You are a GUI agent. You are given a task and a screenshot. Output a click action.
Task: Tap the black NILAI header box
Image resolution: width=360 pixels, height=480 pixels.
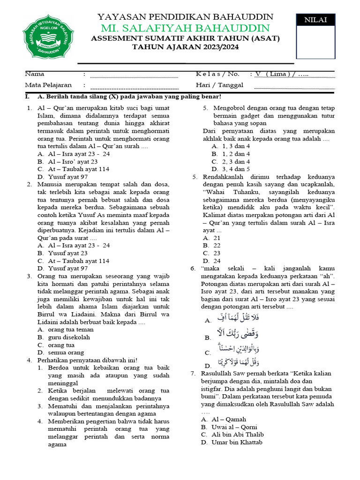coord(315,20)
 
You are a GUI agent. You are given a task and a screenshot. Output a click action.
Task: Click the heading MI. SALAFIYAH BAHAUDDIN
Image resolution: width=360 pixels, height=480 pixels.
coord(185,28)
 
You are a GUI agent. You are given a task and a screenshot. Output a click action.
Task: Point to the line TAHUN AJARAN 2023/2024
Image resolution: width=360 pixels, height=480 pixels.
coord(185,47)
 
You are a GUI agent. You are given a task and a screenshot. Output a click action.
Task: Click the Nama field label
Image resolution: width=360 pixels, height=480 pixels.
coord(34,74)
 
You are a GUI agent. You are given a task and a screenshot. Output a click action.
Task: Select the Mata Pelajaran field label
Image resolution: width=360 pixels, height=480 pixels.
coord(48,85)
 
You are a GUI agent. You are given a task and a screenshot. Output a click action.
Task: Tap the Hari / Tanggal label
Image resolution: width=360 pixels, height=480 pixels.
coord(219,85)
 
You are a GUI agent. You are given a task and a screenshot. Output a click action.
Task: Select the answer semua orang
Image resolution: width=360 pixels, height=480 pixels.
coord(66,352)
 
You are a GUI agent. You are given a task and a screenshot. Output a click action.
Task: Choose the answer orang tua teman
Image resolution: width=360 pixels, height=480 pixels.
coord(68,330)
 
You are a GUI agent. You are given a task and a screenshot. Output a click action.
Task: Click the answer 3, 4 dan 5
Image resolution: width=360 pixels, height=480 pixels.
coord(231,169)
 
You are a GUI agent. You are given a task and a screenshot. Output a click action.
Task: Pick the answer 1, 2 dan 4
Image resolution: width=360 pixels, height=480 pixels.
coord(231,154)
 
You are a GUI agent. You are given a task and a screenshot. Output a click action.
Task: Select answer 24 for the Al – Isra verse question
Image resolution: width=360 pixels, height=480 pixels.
coord(217,261)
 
